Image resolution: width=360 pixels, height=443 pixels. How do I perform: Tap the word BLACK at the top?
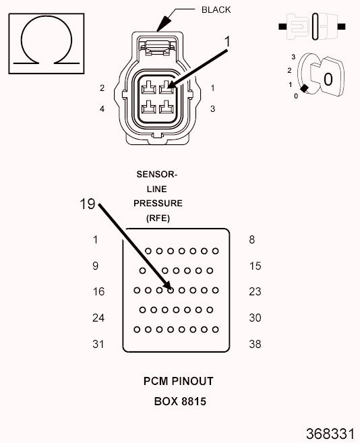click(x=216, y=10)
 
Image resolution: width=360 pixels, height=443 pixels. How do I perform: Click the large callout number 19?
click(x=88, y=204)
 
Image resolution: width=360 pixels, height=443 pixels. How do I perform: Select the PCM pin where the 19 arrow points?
click(x=171, y=290)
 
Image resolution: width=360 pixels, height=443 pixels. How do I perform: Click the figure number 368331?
click(x=330, y=434)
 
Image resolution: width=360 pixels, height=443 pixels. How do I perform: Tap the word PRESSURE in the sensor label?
click(x=158, y=204)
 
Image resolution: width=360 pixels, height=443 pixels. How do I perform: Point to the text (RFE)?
click(x=158, y=218)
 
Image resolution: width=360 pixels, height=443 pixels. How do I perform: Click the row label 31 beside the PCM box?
click(x=98, y=344)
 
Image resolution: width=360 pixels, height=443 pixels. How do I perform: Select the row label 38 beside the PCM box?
click(x=255, y=344)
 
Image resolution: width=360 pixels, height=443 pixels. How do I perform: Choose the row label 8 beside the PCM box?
click(x=251, y=240)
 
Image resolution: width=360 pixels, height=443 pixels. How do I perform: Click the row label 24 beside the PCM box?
click(x=98, y=318)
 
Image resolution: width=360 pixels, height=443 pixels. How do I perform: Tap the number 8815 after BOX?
click(x=194, y=401)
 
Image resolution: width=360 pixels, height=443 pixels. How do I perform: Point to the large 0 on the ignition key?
click(x=328, y=80)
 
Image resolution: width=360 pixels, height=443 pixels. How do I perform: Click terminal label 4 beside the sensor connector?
click(x=102, y=109)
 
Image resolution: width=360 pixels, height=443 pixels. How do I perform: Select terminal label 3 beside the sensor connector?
click(x=212, y=109)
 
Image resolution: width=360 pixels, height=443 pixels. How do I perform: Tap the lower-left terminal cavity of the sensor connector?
click(x=148, y=107)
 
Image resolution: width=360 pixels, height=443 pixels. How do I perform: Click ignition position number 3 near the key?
click(x=293, y=57)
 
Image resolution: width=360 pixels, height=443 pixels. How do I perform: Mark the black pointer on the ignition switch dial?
click(x=304, y=88)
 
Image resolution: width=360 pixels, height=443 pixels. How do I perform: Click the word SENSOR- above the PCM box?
click(x=157, y=175)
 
